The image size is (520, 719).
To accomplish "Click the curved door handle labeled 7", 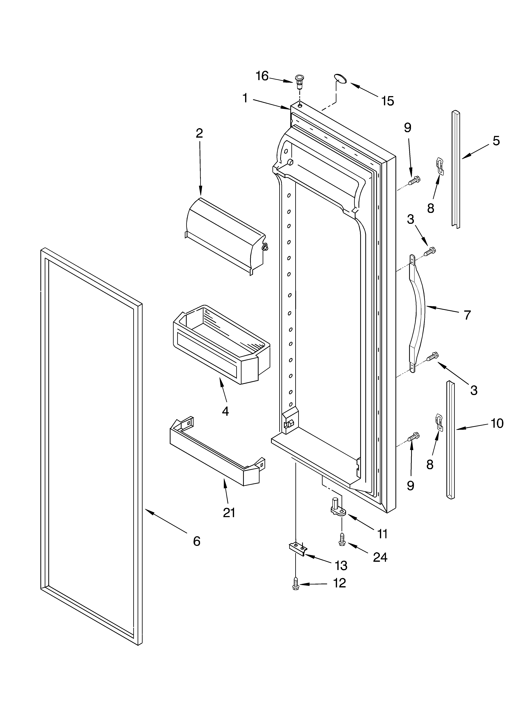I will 417,313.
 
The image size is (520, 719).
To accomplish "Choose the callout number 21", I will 229,513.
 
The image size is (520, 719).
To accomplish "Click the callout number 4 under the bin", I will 225,411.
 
